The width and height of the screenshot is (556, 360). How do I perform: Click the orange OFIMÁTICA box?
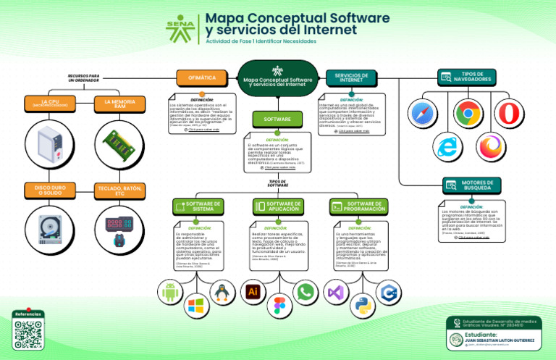[x=201, y=78]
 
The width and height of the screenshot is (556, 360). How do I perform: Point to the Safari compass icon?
[x=423, y=114]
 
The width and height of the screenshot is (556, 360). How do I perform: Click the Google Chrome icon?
[x=468, y=114]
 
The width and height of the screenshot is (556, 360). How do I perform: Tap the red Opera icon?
[x=510, y=114]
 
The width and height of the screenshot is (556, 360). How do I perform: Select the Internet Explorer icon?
[x=450, y=146]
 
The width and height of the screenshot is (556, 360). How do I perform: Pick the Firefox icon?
[x=493, y=146]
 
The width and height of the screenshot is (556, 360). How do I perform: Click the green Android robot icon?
[x=171, y=292]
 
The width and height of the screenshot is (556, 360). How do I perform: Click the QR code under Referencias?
[x=28, y=335]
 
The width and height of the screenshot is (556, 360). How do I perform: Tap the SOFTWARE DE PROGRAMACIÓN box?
[x=355, y=206]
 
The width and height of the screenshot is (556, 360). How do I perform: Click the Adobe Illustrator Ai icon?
[x=253, y=291]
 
